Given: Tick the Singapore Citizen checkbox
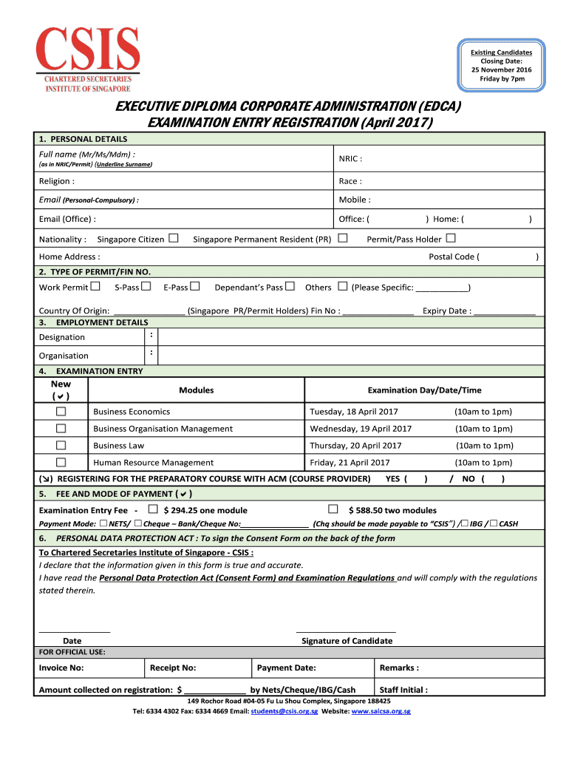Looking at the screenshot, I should [174, 239].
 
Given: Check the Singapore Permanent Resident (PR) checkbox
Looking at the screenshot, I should [343, 239].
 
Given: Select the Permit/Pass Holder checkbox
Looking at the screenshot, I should [451, 239].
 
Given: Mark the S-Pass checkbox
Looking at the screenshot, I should [146, 287].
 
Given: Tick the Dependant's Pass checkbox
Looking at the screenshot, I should [290, 287].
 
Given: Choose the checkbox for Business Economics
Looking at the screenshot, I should [61, 412].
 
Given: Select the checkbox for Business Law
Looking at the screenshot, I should [61, 446].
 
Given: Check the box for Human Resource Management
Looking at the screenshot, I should [61, 463].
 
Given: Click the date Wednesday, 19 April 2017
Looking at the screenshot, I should [361, 429].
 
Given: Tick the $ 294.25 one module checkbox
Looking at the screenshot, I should [153, 509].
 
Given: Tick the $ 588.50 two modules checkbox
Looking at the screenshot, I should [333, 509].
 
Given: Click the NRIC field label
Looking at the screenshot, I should [350, 158].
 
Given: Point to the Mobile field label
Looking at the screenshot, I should [355, 200].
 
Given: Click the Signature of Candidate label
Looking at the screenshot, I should [347, 641].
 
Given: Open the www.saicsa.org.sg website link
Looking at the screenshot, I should [381, 711].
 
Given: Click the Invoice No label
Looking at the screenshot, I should [61, 668].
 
